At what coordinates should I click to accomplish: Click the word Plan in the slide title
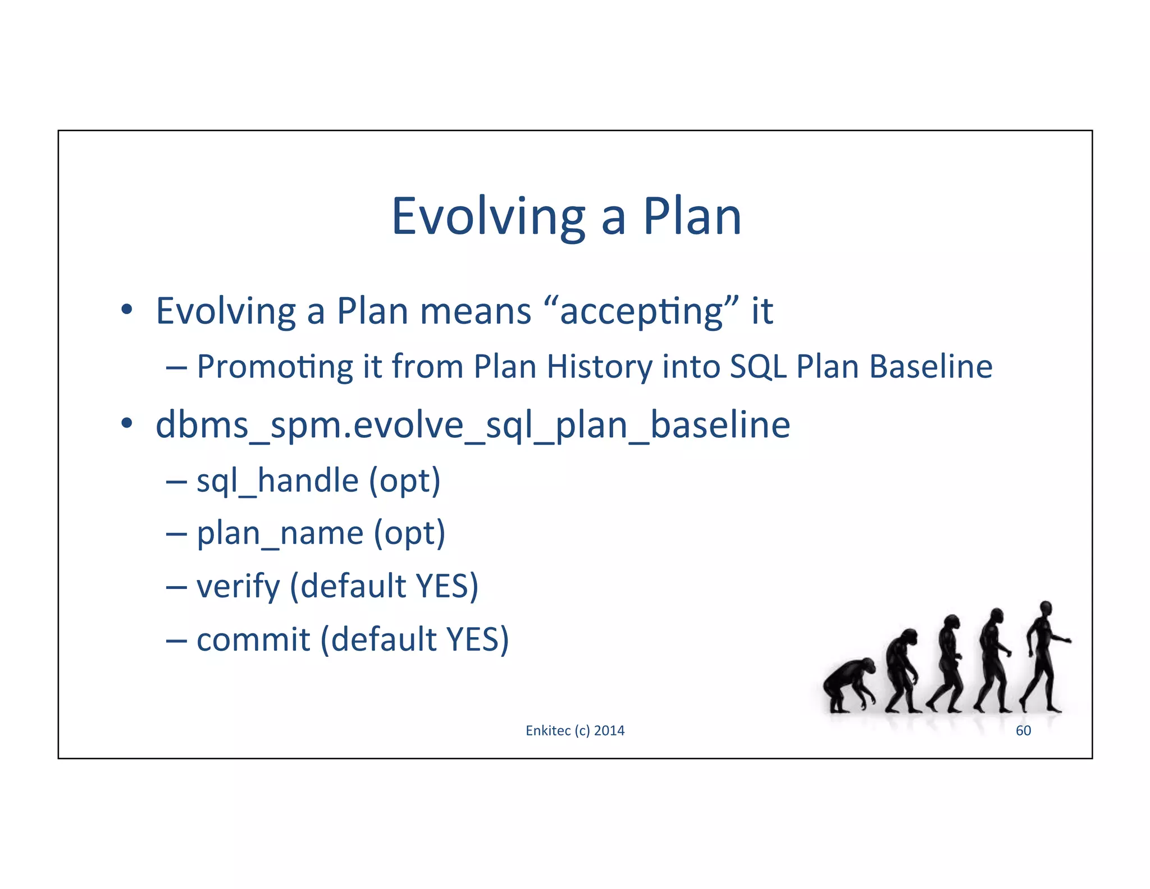pyautogui.click(x=692, y=217)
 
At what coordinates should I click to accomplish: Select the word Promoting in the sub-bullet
pyautogui.click(x=275, y=367)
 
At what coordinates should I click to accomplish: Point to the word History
pyautogui.click(x=599, y=367)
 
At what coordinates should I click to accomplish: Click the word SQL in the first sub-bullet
pyautogui.click(x=757, y=367)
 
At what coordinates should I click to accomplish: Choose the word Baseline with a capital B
pyautogui.click(x=930, y=367)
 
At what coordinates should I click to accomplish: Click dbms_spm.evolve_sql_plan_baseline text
pyautogui.click(x=473, y=425)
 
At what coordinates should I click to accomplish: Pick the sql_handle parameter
pyautogui.click(x=277, y=481)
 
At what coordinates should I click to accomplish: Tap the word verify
pyautogui.click(x=238, y=586)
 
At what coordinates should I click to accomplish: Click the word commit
pyautogui.click(x=253, y=639)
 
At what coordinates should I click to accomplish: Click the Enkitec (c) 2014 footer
pyautogui.click(x=575, y=731)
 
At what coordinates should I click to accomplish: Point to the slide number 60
pyautogui.click(x=1023, y=731)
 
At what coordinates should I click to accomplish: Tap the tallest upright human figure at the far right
pyautogui.click(x=1043, y=657)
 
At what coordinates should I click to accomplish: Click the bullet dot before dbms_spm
pyautogui.click(x=127, y=423)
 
